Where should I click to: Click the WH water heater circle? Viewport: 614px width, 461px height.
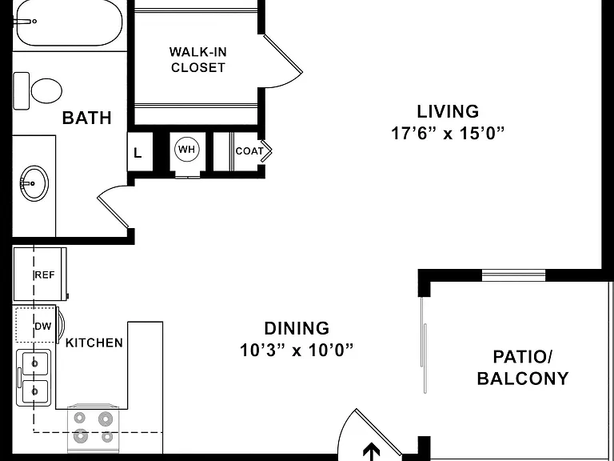(187, 150)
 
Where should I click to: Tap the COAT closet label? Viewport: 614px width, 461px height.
(249, 151)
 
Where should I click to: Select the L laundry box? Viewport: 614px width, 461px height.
(140, 152)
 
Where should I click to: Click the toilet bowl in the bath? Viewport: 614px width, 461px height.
(46, 90)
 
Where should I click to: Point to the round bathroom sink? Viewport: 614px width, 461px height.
(34, 183)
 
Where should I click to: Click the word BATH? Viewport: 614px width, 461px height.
(87, 118)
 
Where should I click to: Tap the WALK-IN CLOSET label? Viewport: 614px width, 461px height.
(198, 59)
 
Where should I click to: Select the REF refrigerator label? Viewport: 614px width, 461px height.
(45, 275)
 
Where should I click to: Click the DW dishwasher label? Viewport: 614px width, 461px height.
(42, 327)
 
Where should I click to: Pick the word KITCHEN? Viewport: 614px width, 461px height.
(94, 343)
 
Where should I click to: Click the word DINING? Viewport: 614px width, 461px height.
(297, 328)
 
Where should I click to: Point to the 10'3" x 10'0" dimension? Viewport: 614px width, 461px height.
(297, 350)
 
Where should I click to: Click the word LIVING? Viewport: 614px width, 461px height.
(448, 111)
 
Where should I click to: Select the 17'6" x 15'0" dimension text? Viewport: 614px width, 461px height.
(448, 134)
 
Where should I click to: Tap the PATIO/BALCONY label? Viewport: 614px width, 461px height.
(523, 367)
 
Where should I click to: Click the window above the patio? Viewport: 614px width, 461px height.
(513, 275)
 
